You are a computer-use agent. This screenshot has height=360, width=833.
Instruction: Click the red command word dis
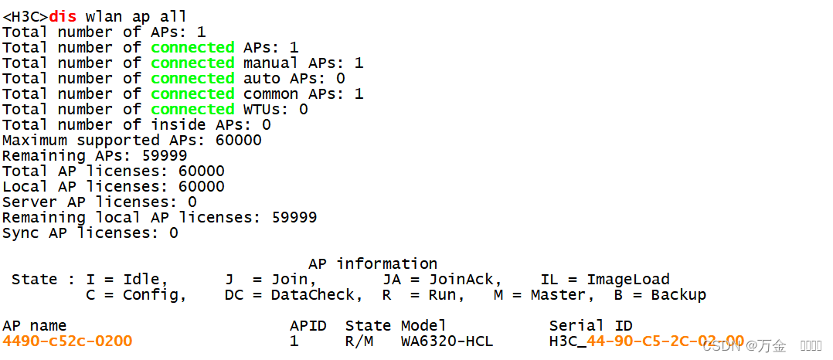point(63,16)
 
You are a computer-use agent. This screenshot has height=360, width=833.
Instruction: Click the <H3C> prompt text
point(25,16)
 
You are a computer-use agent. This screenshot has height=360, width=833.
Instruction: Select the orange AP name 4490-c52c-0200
point(67,341)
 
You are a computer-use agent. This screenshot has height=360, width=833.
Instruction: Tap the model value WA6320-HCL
point(447,341)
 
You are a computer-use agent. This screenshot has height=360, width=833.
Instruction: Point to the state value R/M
point(359,341)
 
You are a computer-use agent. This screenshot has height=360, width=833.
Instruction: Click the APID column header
point(308,325)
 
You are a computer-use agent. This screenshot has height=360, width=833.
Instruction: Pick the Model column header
point(423,325)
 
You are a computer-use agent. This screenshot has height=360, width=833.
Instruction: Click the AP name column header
point(35,325)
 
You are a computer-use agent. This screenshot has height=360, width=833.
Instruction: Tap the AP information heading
point(372,263)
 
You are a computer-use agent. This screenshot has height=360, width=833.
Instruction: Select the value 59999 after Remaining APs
point(164,155)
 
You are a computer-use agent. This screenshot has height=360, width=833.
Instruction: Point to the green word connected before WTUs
point(192,109)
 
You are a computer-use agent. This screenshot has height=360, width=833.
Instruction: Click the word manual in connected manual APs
point(270,63)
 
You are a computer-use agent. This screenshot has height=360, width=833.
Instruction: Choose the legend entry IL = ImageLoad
point(605,279)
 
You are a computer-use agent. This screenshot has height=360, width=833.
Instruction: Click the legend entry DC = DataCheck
point(294,294)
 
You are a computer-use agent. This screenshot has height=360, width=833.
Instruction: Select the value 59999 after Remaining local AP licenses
point(294,217)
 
